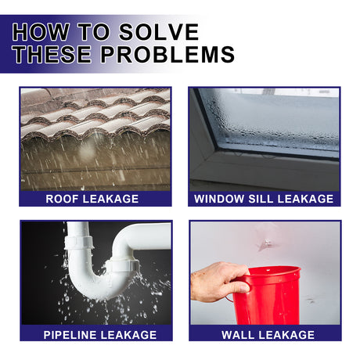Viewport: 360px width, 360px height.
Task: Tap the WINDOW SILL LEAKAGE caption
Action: (265, 199)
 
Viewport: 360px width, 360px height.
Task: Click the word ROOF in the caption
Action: (62, 199)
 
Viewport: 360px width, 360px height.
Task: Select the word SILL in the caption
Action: (268, 199)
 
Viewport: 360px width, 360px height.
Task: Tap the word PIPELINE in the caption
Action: (73, 335)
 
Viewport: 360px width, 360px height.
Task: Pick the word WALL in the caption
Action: (239, 335)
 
